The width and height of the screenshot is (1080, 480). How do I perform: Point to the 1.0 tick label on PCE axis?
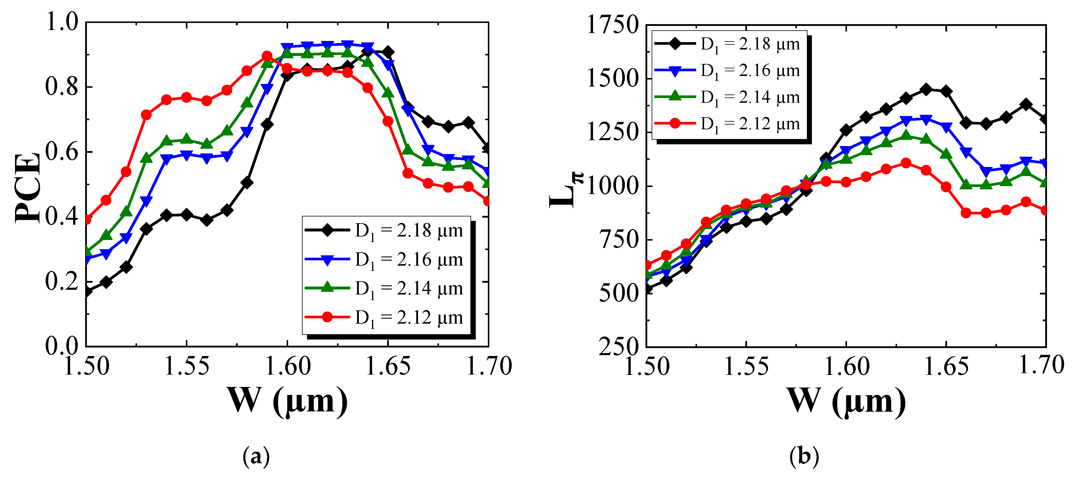[62, 22]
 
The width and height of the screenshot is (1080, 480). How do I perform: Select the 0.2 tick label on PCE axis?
[62, 281]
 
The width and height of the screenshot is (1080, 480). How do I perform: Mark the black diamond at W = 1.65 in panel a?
[388, 52]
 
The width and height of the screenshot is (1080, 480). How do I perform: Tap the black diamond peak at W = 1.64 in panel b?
[926, 89]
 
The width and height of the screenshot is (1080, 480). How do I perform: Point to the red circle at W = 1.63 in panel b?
[906, 163]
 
